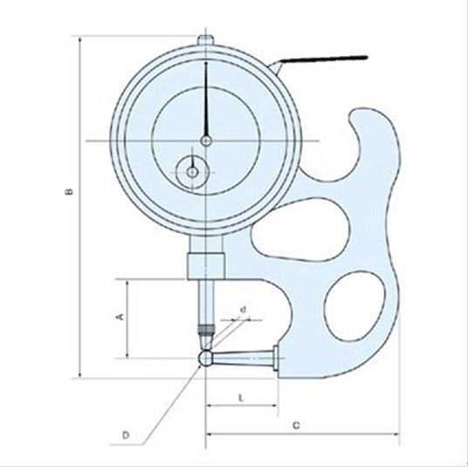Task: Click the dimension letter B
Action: tap(69, 191)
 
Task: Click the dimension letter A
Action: tap(120, 317)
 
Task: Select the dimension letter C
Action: tap(296, 425)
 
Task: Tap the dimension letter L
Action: tap(242, 398)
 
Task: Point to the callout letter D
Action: tap(126, 436)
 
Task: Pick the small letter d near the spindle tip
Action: tap(244, 310)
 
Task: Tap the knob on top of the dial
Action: tap(205, 40)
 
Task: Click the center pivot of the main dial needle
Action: tap(206, 141)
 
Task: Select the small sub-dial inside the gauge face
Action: tap(192, 172)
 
